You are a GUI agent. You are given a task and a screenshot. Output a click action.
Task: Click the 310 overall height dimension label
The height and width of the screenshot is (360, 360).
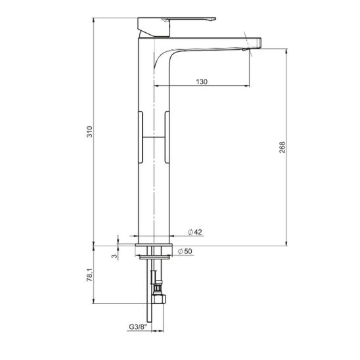pyautogui.click(x=89, y=131)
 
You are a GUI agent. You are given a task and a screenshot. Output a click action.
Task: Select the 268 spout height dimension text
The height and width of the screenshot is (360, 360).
pyautogui.click(x=282, y=147)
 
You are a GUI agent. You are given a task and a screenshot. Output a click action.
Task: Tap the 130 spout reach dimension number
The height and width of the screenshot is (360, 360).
pyautogui.click(x=202, y=81)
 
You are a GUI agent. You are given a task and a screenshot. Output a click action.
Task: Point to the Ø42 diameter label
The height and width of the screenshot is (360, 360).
pyautogui.click(x=195, y=232)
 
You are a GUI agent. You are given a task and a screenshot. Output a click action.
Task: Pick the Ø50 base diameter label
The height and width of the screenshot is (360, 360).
pyautogui.click(x=185, y=251)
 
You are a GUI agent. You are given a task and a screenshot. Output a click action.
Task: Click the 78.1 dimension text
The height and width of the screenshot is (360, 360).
pyautogui.click(x=89, y=275)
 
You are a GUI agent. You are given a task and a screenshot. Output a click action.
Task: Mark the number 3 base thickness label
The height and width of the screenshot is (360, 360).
pyautogui.click(x=114, y=256)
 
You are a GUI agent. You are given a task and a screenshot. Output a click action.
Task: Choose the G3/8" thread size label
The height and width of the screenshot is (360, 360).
pyautogui.click(x=137, y=326)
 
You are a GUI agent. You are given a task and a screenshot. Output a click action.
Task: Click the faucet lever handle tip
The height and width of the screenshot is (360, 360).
pyautogui.click(x=214, y=19)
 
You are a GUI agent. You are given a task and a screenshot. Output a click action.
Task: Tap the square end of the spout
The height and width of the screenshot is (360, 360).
pyautogui.click(x=259, y=43)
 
